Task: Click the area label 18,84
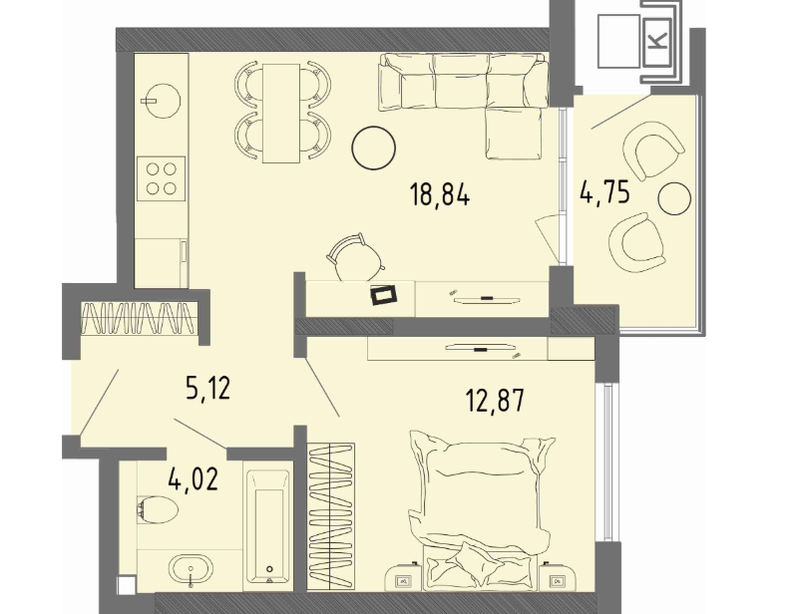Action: click(440, 194)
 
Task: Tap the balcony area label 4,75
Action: click(604, 191)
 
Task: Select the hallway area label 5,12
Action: click(207, 388)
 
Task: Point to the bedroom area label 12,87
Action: click(495, 400)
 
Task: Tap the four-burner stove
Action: click(162, 178)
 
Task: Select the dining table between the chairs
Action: click(281, 113)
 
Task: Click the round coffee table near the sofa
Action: click(373, 148)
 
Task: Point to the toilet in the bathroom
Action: click(157, 509)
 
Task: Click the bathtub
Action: click(268, 526)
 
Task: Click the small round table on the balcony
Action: click(674, 198)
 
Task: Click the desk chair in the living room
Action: click(355, 258)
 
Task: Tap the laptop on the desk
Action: click(384, 294)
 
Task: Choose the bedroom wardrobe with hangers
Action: click(331, 515)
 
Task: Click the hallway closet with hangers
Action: click(139, 318)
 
